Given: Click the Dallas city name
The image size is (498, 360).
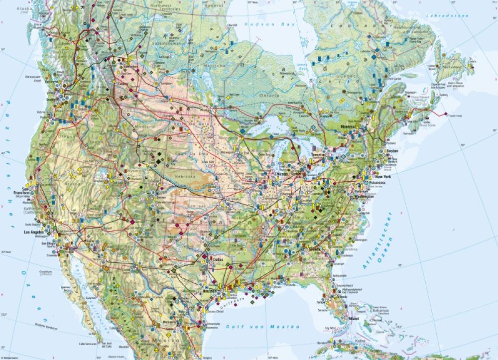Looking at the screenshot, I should tap(218, 259).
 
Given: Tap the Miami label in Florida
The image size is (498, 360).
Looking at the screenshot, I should tap(354, 319).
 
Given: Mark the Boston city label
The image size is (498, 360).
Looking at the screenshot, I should tap(392, 151).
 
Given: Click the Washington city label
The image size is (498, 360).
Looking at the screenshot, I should tap(365, 196).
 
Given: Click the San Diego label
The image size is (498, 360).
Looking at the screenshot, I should tap(48, 243).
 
